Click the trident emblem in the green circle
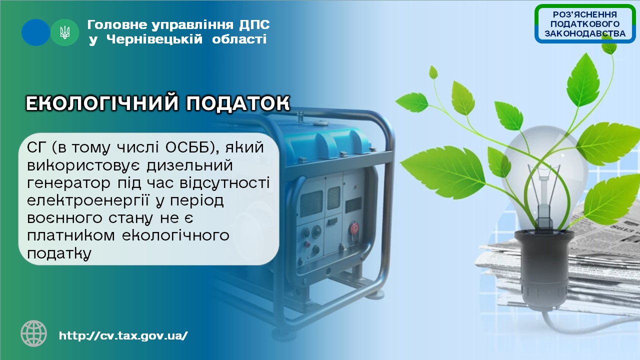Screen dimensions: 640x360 point(65,32)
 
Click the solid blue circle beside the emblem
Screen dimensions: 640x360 point(35,32)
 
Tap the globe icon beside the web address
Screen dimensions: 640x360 point(33,333)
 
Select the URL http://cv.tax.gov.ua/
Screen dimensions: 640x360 point(123,335)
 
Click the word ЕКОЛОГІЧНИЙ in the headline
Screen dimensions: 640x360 point(102,103)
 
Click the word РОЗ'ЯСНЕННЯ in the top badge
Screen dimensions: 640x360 point(585,14)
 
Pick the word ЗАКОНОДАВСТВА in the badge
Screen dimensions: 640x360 point(585,33)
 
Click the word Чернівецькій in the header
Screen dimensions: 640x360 point(154,39)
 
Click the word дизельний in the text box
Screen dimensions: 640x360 point(189,166)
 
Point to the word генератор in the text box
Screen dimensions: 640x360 point(68,183)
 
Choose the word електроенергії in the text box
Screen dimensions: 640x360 point(88,201)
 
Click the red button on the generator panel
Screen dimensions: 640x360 point(354,229)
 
